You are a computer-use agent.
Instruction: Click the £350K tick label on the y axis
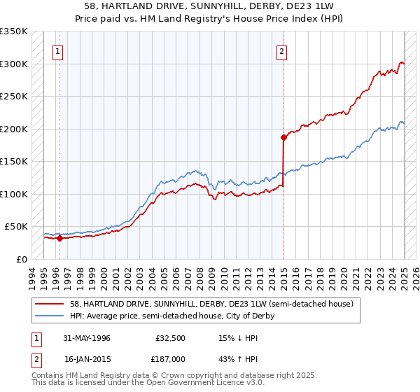click(x=14, y=31)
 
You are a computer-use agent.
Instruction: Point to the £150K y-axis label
click(x=14, y=162)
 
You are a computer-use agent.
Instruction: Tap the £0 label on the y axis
click(x=21, y=259)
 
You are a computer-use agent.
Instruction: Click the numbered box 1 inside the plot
click(x=57, y=50)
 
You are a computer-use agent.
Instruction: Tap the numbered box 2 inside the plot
click(x=281, y=50)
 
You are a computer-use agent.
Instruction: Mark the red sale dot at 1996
click(x=60, y=238)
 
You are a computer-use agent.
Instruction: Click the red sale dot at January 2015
click(x=283, y=137)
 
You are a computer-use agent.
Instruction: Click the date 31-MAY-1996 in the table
click(x=86, y=338)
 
